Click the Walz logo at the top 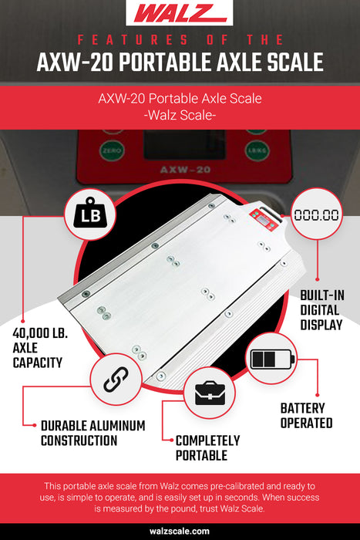point(180,13)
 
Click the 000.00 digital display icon point(316,215)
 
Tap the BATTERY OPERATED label point(306,414)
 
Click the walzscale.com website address point(180,532)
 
